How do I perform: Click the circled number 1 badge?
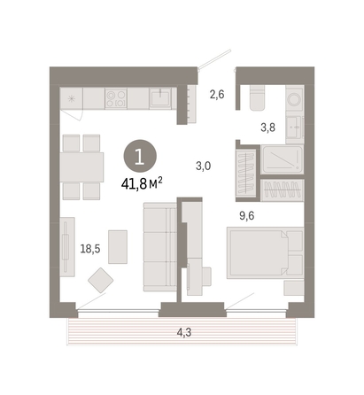[x=140, y=157]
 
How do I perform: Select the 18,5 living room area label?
[x=90, y=249]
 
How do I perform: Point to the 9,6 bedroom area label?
[x=246, y=216]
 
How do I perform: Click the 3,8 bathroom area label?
[x=267, y=128]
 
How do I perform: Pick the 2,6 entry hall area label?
[x=217, y=95]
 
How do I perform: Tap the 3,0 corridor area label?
[x=204, y=166]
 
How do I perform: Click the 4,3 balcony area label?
[x=184, y=332]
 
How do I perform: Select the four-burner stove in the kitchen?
[x=116, y=98]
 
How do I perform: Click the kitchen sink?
[x=160, y=98]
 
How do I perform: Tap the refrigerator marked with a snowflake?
[x=72, y=98]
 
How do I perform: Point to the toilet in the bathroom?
[x=257, y=97]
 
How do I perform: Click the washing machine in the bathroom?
[x=294, y=98]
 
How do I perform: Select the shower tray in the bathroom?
[x=283, y=159]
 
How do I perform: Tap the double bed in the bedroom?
[x=265, y=253]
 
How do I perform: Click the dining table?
[x=81, y=167]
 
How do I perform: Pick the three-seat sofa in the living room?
[x=160, y=247]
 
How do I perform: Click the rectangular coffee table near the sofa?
[x=118, y=247]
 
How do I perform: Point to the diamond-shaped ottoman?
[x=101, y=280]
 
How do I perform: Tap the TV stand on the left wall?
[x=67, y=247]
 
